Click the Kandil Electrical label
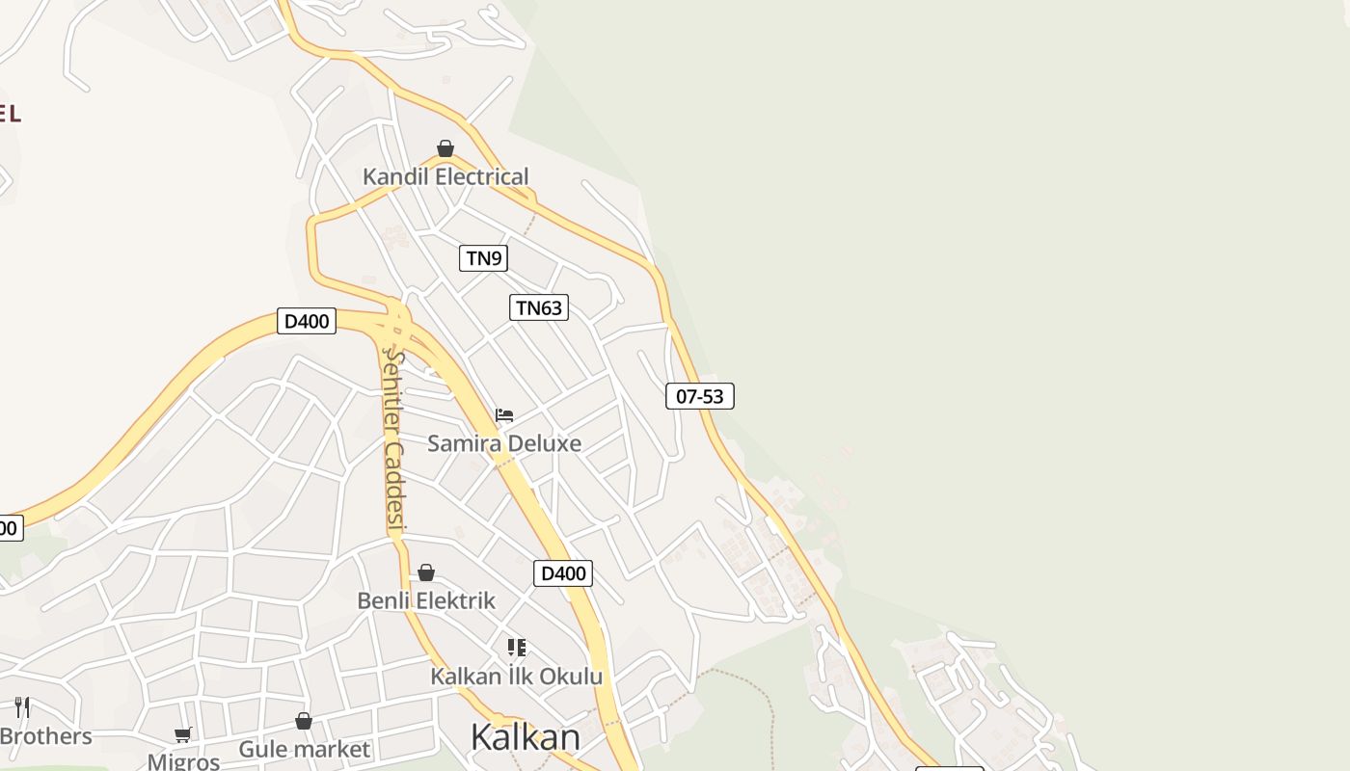(x=445, y=176)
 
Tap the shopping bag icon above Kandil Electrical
(x=445, y=148)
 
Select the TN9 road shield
(x=483, y=257)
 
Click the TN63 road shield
(x=539, y=307)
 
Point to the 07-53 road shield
(x=699, y=395)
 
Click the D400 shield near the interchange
(x=307, y=321)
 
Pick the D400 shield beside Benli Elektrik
(x=563, y=573)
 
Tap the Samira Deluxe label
(x=504, y=443)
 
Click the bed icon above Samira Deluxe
(x=504, y=415)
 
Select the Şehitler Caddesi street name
(x=393, y=439)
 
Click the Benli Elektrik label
(x=426, y=600)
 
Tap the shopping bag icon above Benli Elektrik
(x=426, y=573)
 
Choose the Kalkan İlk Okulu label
(x=516, y=676)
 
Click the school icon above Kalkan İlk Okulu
(x=517, y=648)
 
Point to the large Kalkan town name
(x=526, y=737)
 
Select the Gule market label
(x=304, y=749)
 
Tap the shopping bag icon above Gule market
(x=304, y=721)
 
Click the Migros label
(x=183, y=761)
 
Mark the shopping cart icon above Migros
(x=183, y=735)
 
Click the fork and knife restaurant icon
(x=22, y=707)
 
